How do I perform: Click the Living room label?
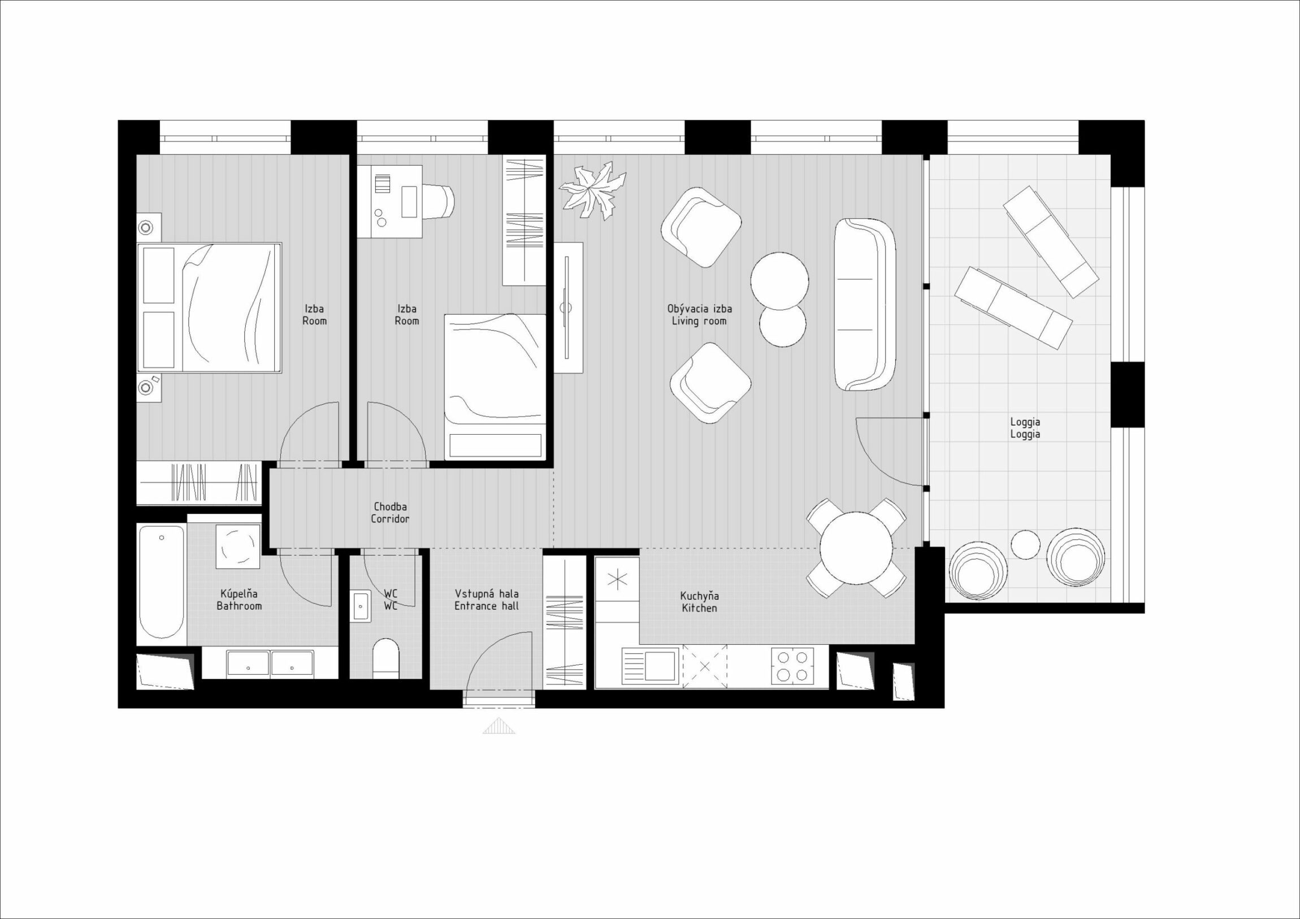(699, 315)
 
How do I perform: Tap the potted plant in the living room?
(592, 190)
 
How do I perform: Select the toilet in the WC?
(386, 658)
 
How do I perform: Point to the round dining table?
(856, 548)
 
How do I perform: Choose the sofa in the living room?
(864, 305)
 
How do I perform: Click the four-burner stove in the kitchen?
(792, 666)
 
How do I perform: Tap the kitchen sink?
(651, 666)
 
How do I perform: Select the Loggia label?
(1025, 428)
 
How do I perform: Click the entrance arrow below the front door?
(499, 726)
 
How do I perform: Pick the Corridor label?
(389, 513)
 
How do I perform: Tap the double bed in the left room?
(210, 308)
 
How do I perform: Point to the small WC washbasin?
(360, 606)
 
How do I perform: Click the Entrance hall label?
(486, 600)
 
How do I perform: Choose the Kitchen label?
(699, 602)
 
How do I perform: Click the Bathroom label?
(239, 600)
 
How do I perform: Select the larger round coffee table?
(779, 281)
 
